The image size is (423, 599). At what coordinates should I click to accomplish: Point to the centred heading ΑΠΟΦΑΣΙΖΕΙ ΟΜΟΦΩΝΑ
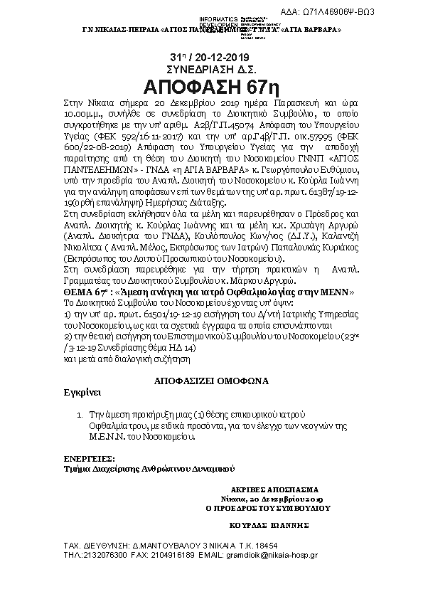[x=211, y=381]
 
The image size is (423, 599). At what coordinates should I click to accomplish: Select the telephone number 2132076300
[x=104, y=553]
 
